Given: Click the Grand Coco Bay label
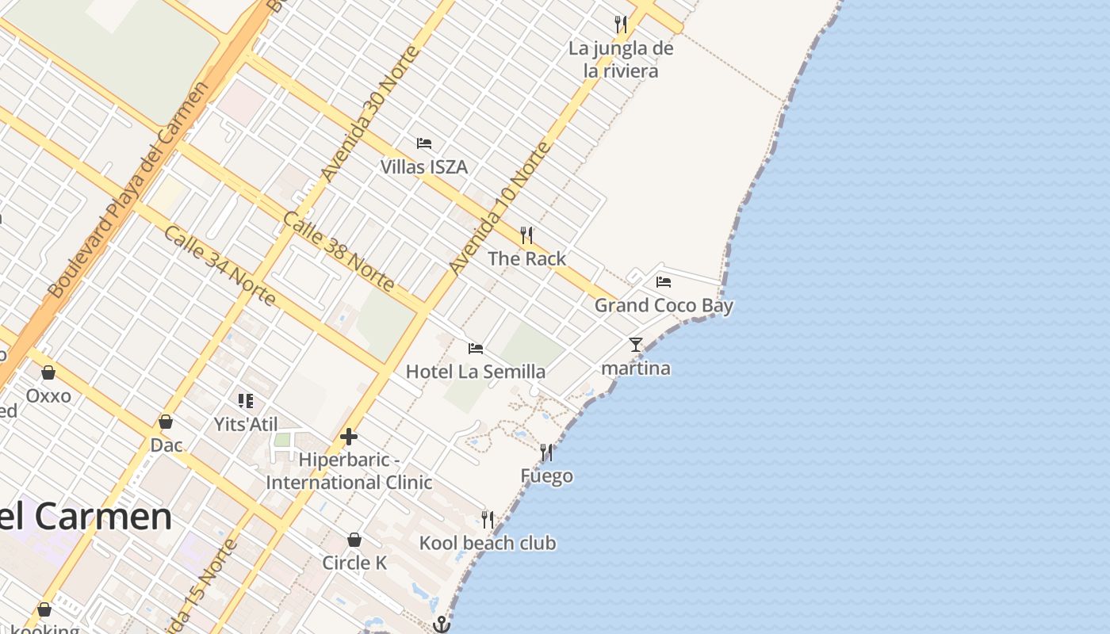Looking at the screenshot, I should coord(664,305).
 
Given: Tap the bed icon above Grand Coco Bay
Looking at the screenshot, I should coord(664,281).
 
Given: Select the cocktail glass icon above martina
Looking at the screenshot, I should coord(635,345).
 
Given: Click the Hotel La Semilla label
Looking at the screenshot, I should coord(475,372).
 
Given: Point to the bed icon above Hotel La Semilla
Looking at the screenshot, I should coord(476,348).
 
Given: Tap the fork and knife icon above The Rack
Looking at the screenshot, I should coord(526,235).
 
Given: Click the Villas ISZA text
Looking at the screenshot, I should coord(423,167).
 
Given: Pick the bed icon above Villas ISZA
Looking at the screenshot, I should coord(424,143).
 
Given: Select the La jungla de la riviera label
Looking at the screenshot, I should coord(621,59).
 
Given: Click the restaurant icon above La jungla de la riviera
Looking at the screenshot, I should coord(621,25).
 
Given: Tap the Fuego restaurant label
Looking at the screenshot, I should coord(546,476).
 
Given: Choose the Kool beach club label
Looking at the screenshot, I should coord(488,543).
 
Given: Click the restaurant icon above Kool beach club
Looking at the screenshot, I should coord(488,520).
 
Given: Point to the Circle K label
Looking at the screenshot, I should coord(354,563).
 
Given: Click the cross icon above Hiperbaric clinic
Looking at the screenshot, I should coord(349,437).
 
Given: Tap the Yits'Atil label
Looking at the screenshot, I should coord(246,424).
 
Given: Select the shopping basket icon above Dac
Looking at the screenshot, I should coord(166,422).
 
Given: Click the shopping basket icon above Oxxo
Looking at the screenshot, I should coord(48,372).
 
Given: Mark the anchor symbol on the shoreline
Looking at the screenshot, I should coord(442,624).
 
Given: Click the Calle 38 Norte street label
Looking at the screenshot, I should coord(339,250).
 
